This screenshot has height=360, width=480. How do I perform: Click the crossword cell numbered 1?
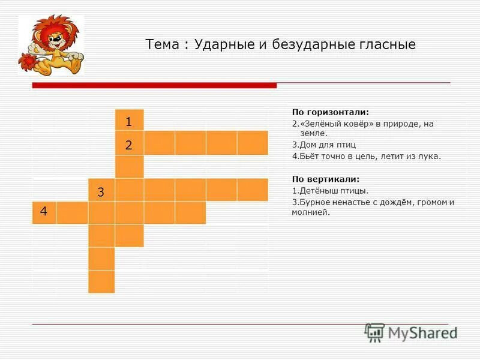click(130, 121)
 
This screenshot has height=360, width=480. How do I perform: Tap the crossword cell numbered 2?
click(130, 144)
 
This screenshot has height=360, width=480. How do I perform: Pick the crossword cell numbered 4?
click(44, 212)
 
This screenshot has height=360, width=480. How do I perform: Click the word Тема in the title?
click(162, 45)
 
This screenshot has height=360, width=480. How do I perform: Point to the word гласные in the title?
click(384, 45)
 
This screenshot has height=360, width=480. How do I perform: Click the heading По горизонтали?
click(330, 112)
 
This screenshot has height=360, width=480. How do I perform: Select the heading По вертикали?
click(325, 179)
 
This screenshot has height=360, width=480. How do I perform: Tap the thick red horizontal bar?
click(154, 85)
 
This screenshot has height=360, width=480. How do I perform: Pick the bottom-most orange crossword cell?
click(101, 281)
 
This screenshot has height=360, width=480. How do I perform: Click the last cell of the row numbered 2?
click(252, 143)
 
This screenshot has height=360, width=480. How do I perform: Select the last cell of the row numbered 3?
click(252, 190)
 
